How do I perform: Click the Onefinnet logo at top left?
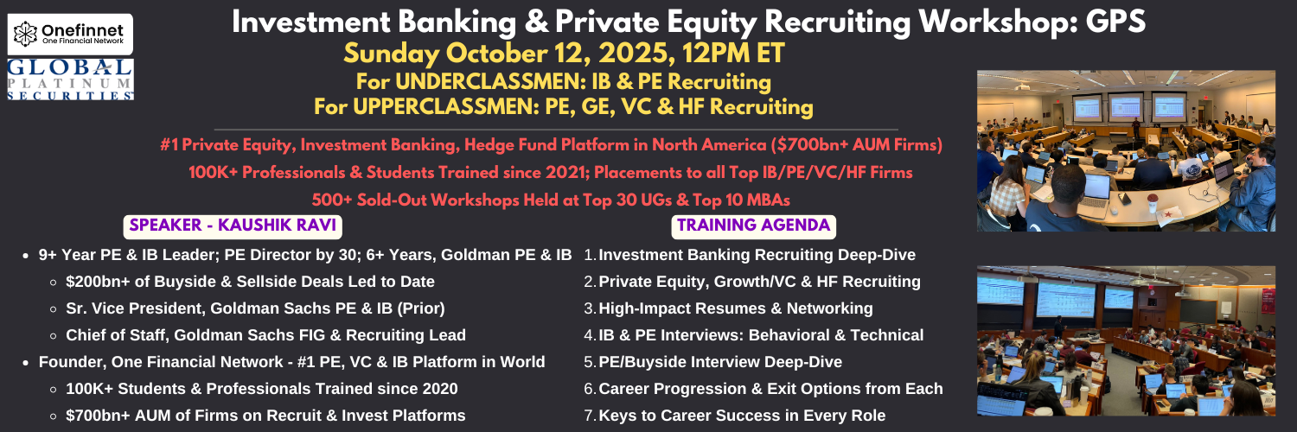tap(70, 34)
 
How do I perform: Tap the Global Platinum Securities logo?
tap(70, 79)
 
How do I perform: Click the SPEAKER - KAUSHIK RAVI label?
tap(233, 226)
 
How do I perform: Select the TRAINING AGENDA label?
tap(753, 226)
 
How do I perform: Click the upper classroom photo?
tap(1126, 151)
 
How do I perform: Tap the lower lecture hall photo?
tap(1126, 340)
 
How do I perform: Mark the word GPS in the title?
tap(1115, 22)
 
